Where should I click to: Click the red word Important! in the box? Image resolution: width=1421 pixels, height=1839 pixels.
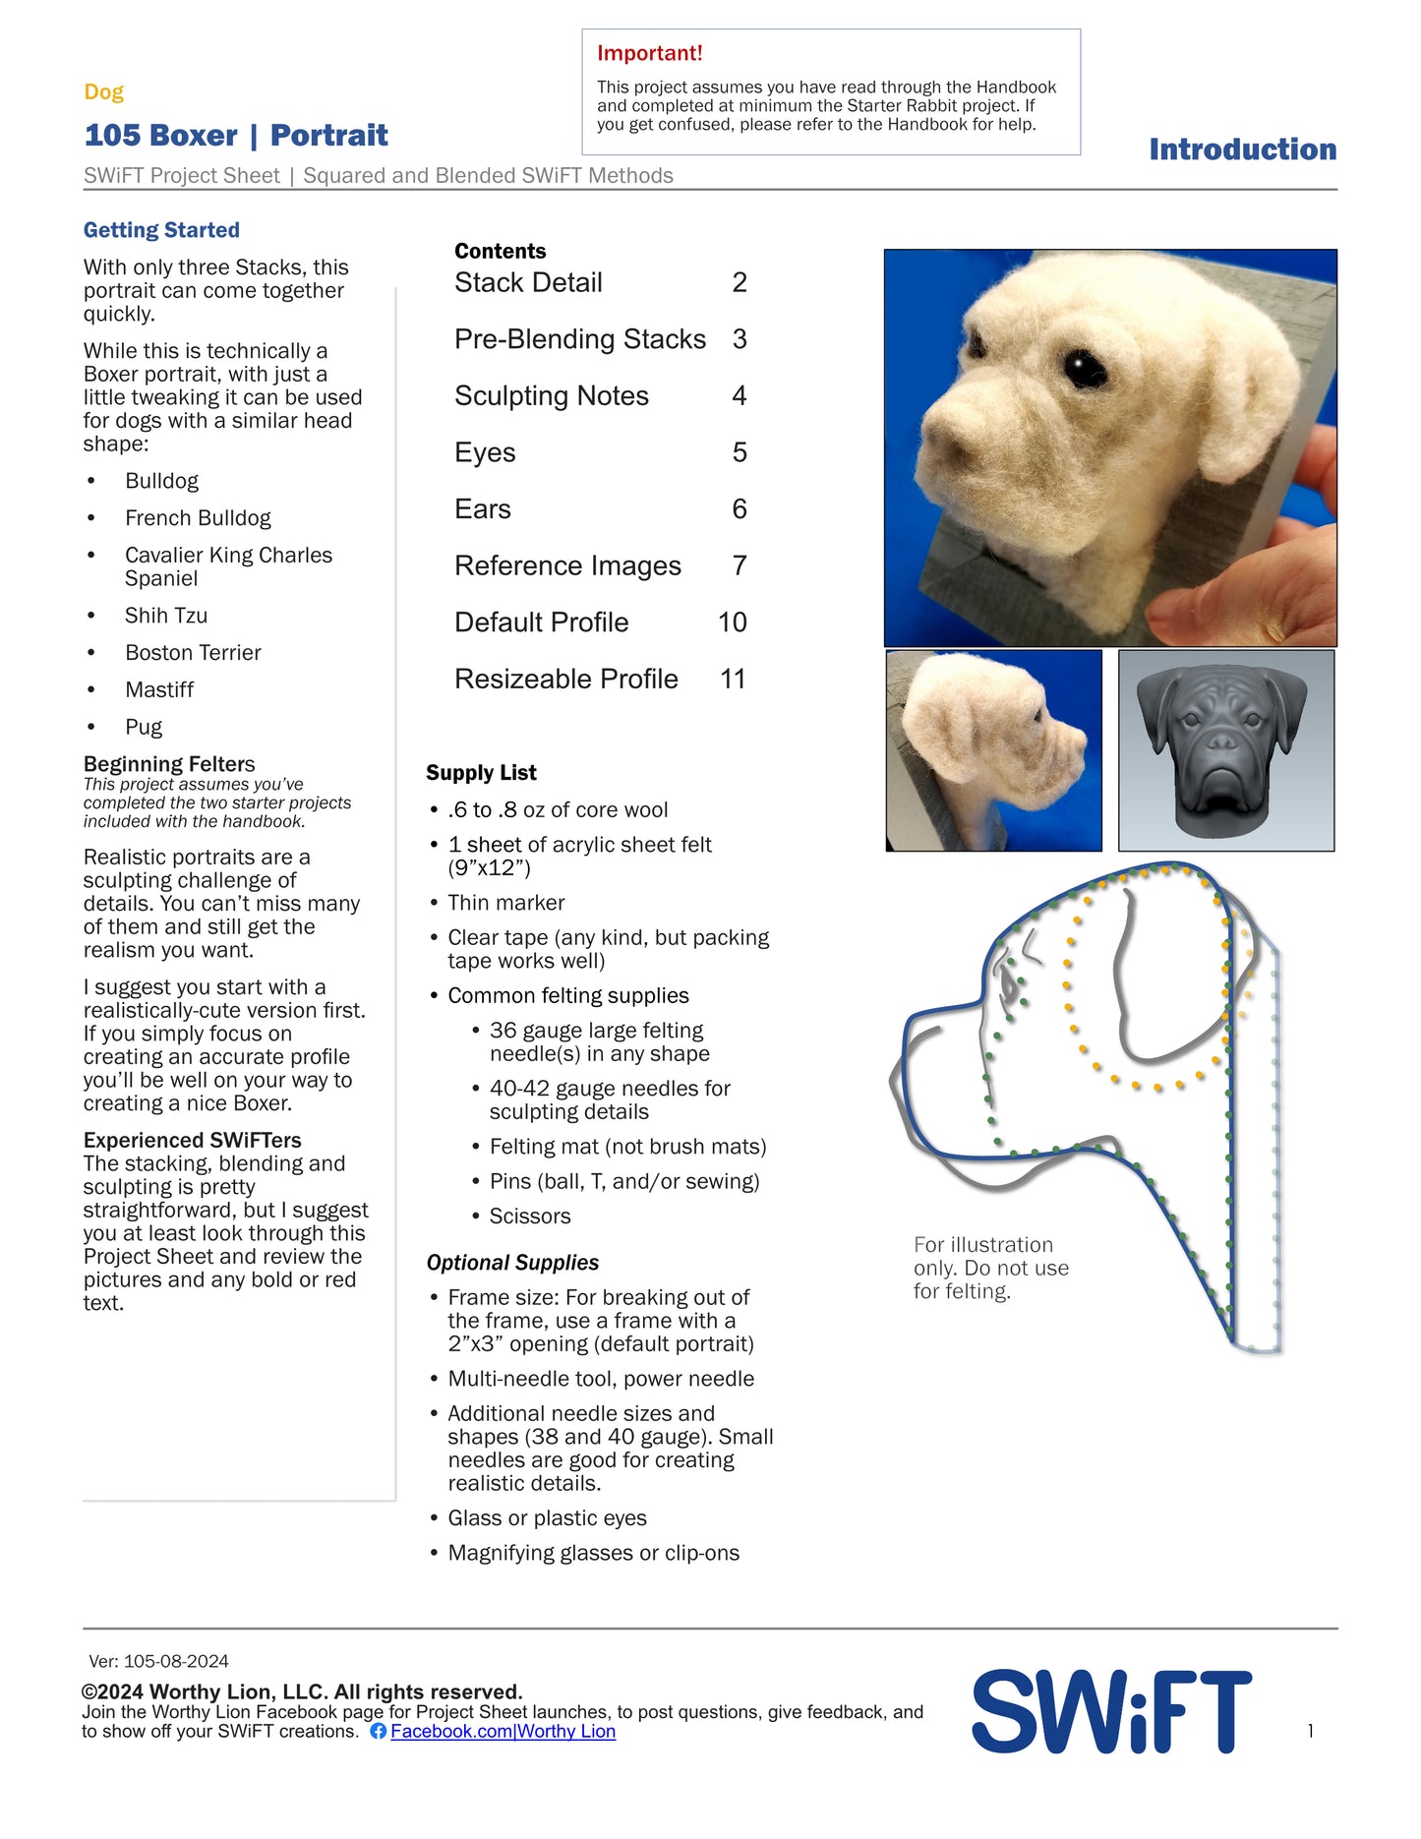(649, 53)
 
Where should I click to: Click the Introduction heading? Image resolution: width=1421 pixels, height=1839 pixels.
(1242, 149)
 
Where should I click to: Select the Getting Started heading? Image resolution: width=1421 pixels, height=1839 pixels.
(161, 230)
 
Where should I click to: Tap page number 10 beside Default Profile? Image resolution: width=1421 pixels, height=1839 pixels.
(732, 623)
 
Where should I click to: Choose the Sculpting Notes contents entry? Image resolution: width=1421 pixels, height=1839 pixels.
(551, 396)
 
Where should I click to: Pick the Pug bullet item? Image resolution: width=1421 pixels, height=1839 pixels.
(144, 728)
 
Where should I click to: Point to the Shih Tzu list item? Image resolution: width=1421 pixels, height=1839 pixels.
(166, 616)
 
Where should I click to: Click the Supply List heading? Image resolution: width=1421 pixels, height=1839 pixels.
(481, 773)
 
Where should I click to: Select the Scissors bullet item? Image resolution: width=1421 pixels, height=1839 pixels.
(530, 1216)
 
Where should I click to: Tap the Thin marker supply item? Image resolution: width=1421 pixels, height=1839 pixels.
(505, 903)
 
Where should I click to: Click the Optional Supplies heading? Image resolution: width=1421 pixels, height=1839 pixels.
(512, 1263)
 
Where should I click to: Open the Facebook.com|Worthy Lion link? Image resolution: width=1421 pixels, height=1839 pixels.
(503, 1732)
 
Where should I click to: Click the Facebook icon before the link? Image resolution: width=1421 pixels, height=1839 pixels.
(378, 1732)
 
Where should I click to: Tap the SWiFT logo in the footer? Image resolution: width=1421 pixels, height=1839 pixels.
(1111, 1712)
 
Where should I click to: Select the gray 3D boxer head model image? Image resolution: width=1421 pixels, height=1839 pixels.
(1225, 750)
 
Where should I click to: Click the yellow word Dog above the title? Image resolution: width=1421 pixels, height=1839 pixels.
(103, 92)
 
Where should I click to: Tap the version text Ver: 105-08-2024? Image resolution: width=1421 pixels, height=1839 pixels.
(158, 1662)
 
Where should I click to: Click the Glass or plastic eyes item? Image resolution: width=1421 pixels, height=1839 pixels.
(547, 1518)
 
